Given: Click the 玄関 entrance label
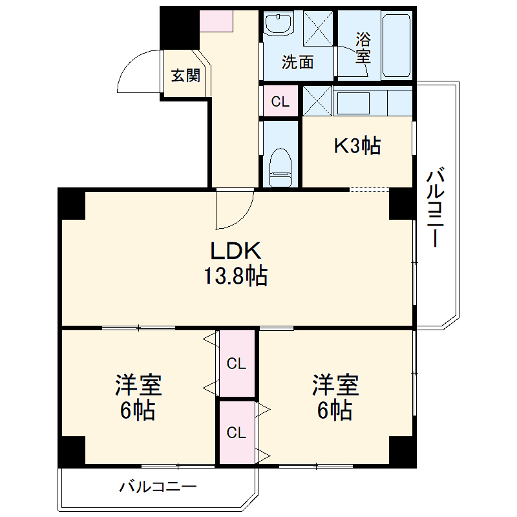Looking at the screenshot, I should click(x=185, y=76).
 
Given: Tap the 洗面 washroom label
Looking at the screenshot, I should click(x=298, y=62).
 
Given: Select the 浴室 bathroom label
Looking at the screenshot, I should click(x=363, y=47).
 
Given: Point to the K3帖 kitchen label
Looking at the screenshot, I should click(x=357, y=146).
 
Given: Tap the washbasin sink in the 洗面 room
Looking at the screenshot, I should click(x=280, y=26).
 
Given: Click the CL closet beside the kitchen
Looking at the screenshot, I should click(x=280, y=101).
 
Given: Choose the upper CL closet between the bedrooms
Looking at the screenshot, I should click(x=237, y=364).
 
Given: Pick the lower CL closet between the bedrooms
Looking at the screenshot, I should click(x=237, y=432).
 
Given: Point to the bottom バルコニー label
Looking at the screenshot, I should click(x=157, y=487).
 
